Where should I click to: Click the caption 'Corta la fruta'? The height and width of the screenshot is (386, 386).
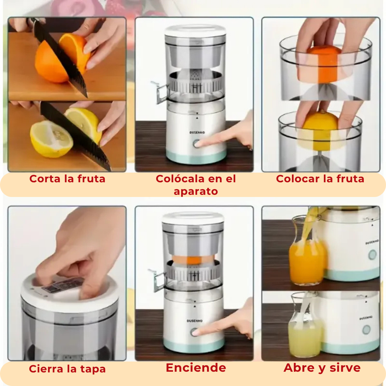tap(67, 179)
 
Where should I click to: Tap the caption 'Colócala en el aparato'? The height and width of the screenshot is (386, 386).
tap(196, 185)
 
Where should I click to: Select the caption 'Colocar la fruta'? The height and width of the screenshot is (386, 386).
tap(320, 179)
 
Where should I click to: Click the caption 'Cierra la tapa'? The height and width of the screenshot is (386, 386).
tap(67, 369)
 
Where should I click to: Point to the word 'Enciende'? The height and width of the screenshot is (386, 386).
tap(196, 368)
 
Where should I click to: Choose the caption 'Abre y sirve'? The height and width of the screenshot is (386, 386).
tap(322, 368)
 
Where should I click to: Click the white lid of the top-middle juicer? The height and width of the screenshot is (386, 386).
tap(195, 31)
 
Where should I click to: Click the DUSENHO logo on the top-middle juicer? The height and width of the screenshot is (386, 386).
tap(196, 133)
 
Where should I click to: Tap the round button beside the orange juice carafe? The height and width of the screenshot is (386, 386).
tap(372, 255)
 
